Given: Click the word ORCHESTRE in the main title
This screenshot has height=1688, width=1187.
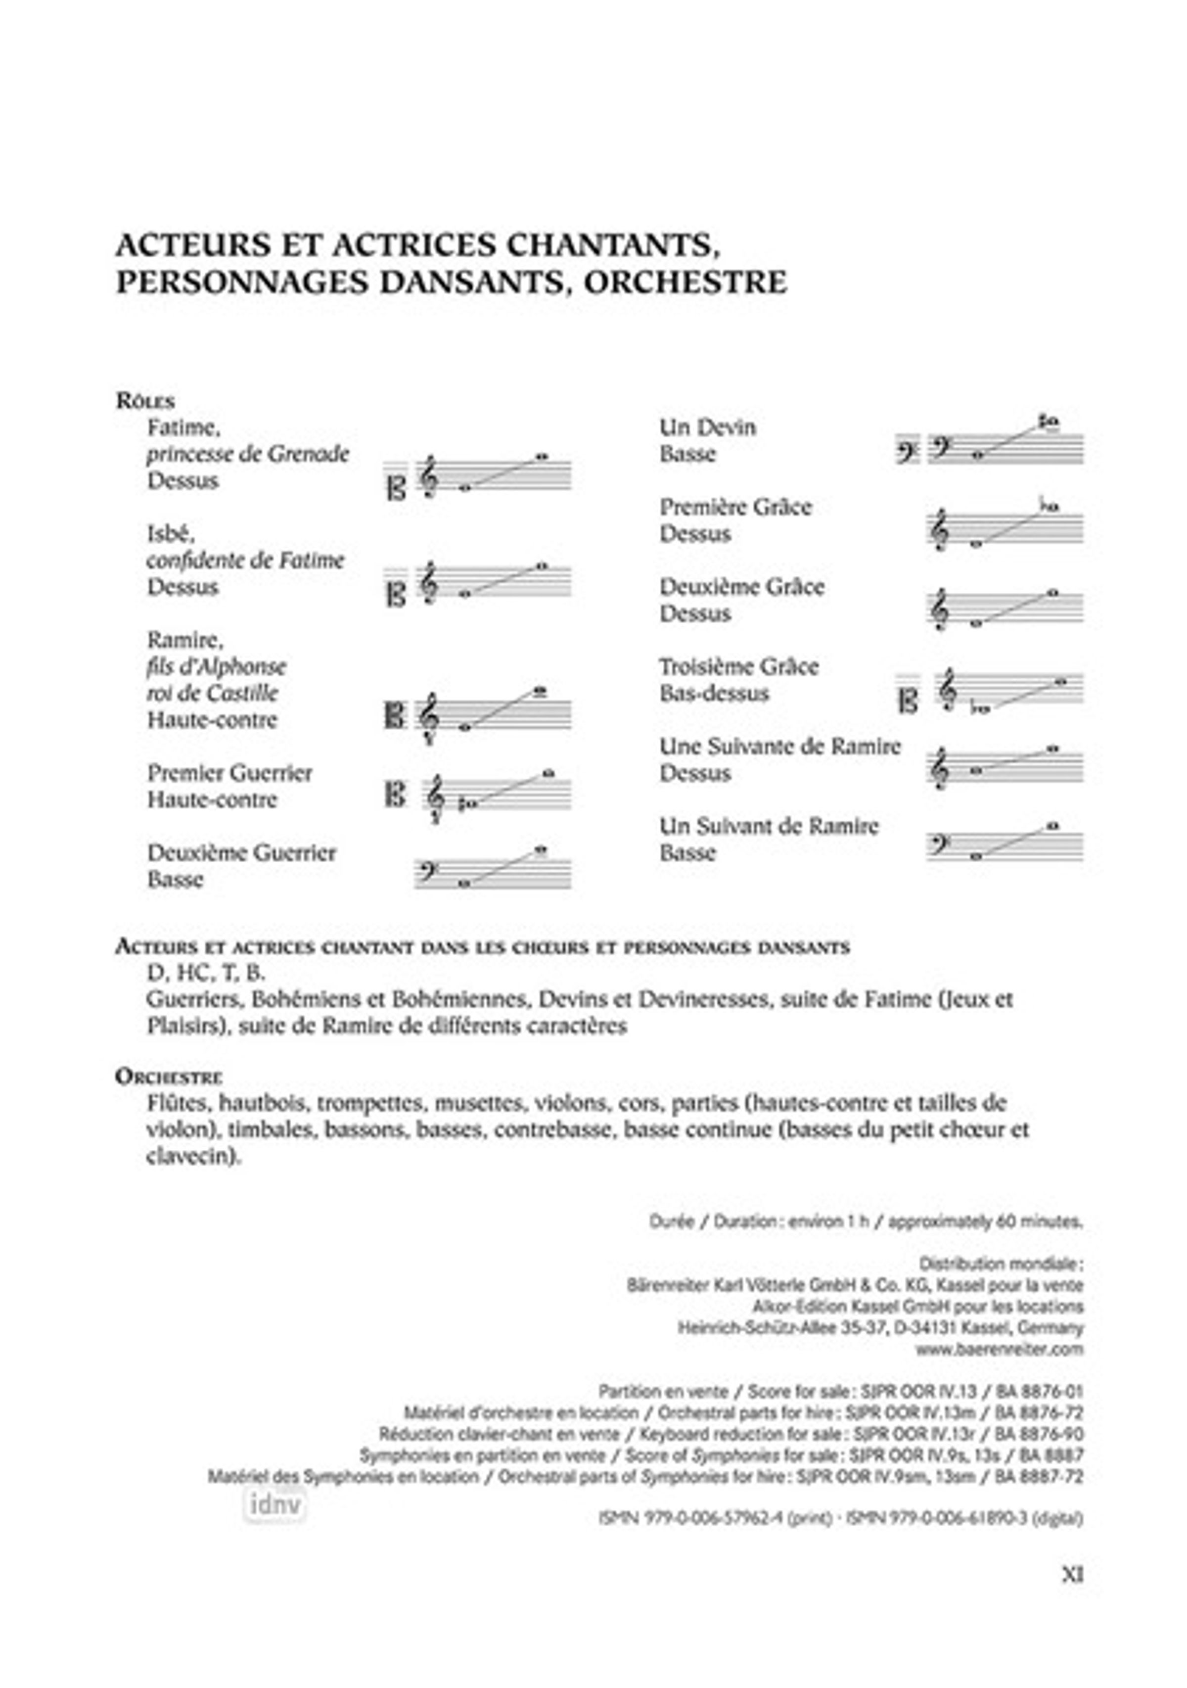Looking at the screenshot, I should point(685,283).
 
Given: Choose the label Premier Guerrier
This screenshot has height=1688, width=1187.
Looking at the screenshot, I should point(229,773).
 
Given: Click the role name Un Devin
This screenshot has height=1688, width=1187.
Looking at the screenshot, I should point(707,427).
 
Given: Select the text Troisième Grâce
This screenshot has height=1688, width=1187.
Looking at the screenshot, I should point(738,667).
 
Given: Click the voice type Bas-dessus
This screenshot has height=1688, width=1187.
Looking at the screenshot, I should point(714,693).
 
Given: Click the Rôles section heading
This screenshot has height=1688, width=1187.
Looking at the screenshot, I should point(145,401).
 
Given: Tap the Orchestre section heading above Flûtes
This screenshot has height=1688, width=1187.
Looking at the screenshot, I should point(168,1077).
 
